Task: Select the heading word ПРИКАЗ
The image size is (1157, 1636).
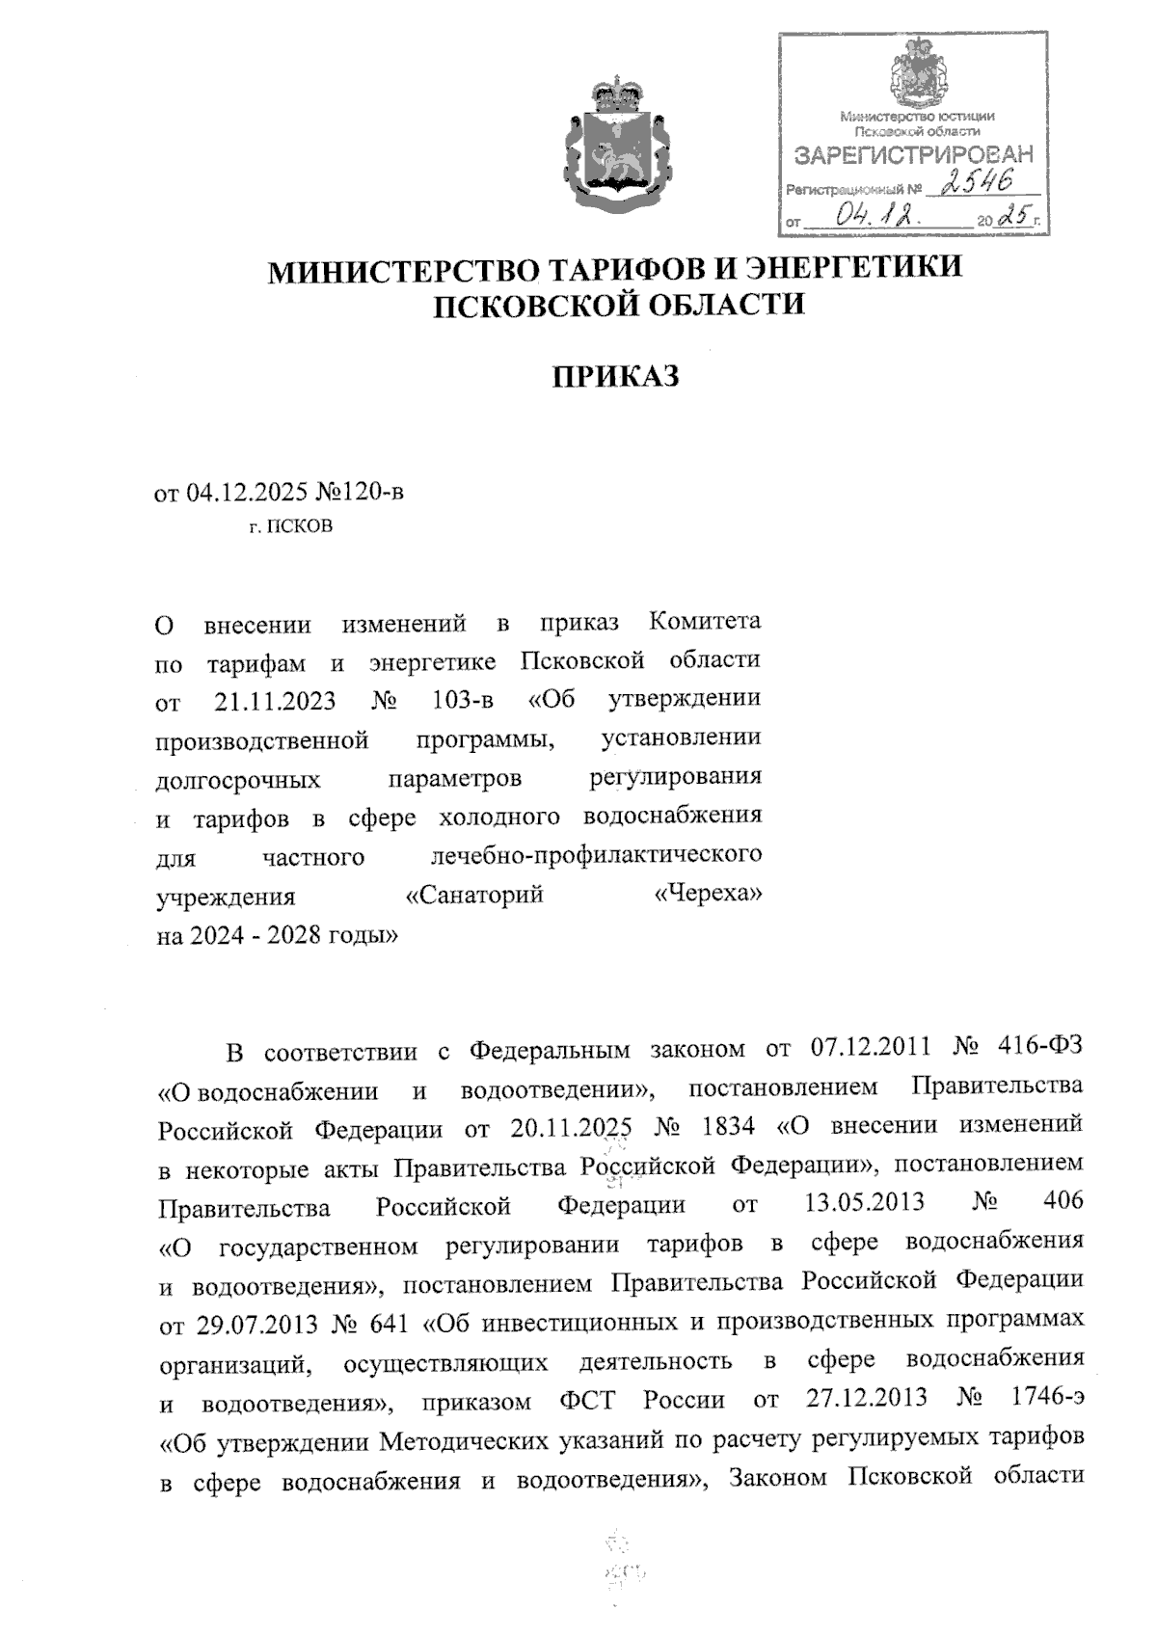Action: point(615,376)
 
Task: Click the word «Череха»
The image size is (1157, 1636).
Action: point(708,896)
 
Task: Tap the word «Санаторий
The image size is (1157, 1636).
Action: point(473,896)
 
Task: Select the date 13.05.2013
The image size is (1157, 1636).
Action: point(863,1203)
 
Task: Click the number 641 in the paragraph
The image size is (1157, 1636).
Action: point(390,1322)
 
